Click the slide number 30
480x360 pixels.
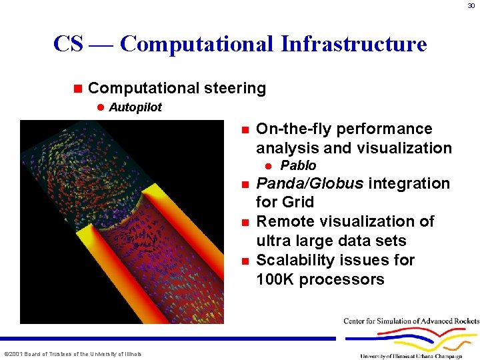(471, 5)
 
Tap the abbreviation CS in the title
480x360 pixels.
(68, 43)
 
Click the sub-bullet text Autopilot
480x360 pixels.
(135, 107)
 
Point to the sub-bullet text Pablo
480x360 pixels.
(298, 165)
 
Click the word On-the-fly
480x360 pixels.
(293, 129)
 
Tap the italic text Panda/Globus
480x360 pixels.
(310, 183)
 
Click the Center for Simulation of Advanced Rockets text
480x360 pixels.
(411, 321)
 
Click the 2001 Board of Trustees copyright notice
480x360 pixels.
(73, 354)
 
